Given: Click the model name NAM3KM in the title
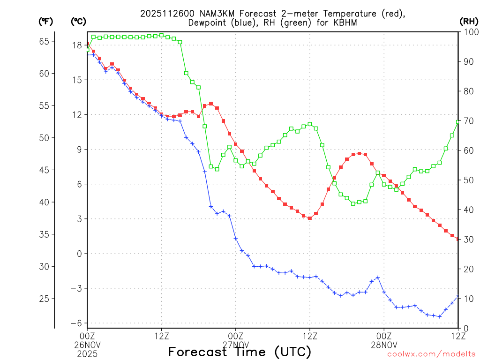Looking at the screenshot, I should pyautogui.click(x=202, y=14).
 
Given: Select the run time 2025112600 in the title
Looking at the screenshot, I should pyautogui.click(x=161, y=14).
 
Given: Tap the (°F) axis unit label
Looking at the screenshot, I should pyautogui.click(x=45, y=22).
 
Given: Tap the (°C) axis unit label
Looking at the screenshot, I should pyautogui.click(x=78, y=22).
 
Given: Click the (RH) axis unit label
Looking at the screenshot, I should pyautogui.click(x=469, y=22).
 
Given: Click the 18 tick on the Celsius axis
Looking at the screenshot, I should pyautogui.click(x=77, y=45).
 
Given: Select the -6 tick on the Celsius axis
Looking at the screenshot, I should pyautogui.click(x=76, y=323).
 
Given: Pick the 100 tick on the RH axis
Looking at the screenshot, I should pyautogui.click(x=469, y=32).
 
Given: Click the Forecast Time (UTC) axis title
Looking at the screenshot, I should pyautogui.click(x=240, y=352).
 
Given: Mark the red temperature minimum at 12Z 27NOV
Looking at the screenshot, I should pyautogui.click(x=310, y=218).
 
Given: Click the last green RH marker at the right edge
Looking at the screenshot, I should pyautogui.click(x=458, y=122).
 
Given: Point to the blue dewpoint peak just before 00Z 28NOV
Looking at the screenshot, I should pyautogui.click(x=378, y=277).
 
